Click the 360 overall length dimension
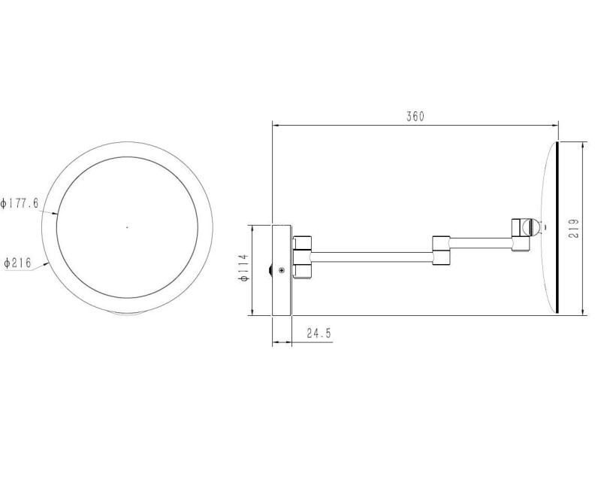click(415, 117)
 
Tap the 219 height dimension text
click(573, 228)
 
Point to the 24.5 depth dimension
click(319, 333)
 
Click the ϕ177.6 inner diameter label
click(20, 203)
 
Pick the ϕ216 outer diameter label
click(17, 263)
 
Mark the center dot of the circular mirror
click(127, 226)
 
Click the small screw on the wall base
click(281, 270)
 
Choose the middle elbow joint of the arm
click(441, 251)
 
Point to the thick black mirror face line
click(557, 226)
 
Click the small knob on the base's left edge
click(270, 269)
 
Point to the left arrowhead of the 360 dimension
click(276, 126)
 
